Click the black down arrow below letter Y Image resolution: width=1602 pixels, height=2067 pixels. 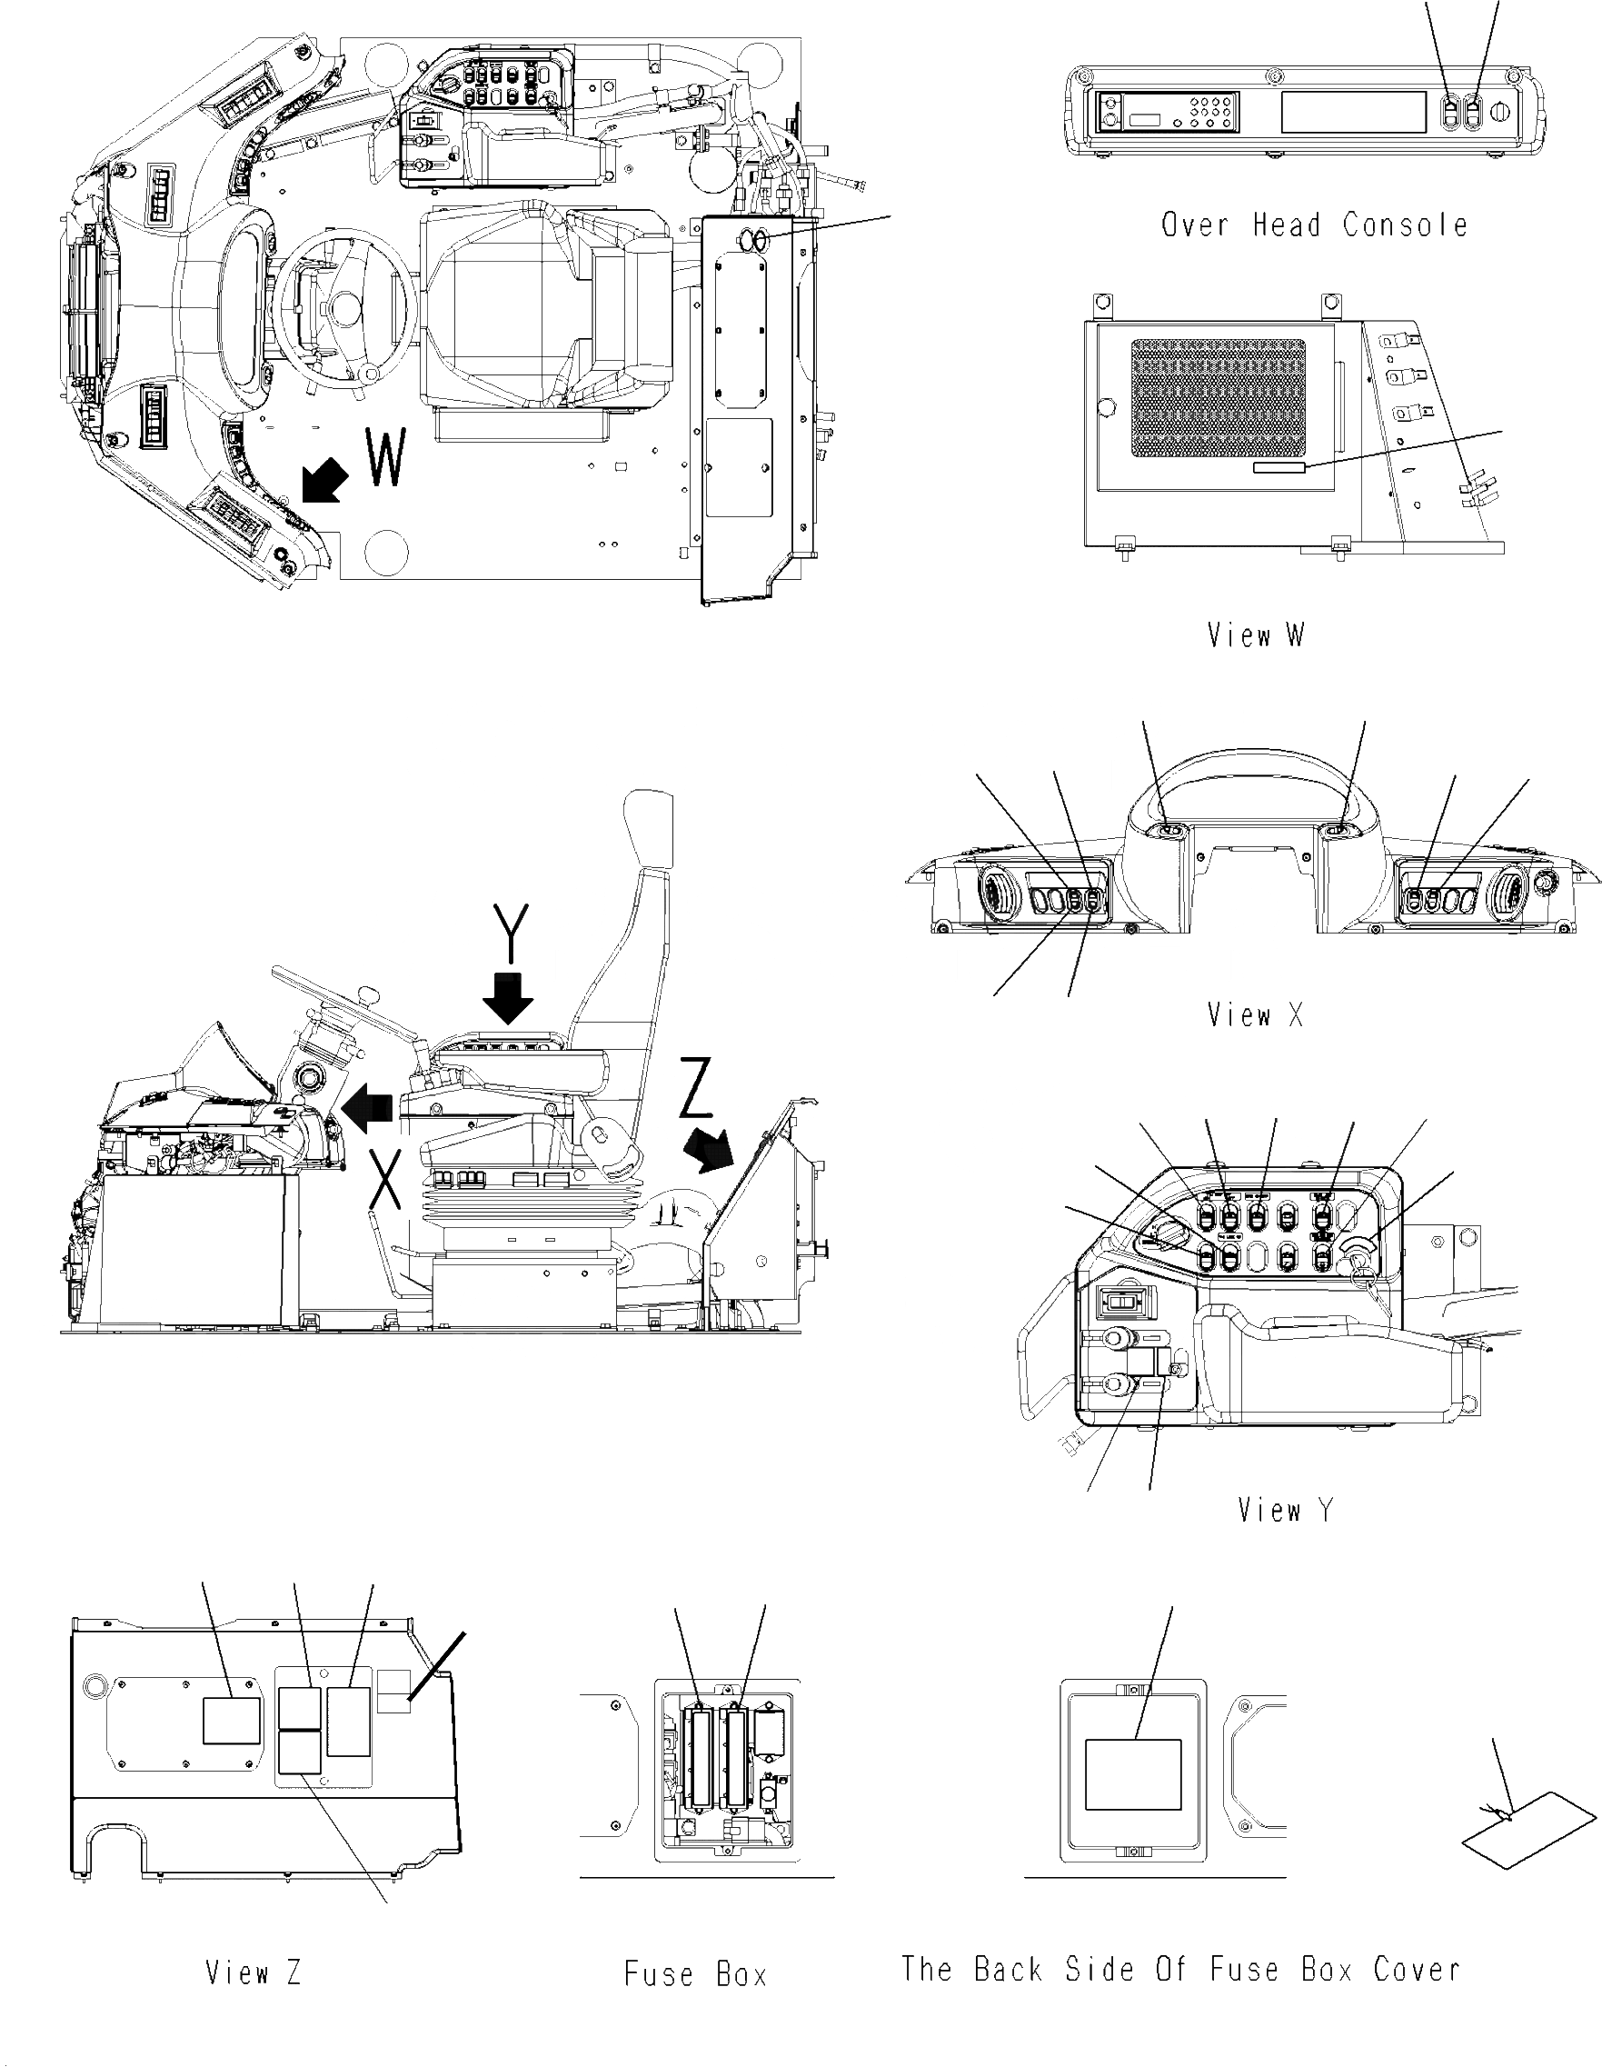coord(508,998)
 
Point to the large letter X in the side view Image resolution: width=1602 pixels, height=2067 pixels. coord(385,1178)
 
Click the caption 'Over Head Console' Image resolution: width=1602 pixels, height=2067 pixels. coord(1313,225)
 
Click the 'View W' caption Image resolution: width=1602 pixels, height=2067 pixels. coord(1255,635)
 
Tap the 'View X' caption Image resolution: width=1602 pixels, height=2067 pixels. coord(1255,1015)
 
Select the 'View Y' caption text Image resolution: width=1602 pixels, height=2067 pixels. coord(1285,1510)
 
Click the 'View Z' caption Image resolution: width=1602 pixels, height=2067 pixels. coord(254,1972)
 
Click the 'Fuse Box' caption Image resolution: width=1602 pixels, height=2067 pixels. coord(694,1974)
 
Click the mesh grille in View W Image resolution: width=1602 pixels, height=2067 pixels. coord(1218,398)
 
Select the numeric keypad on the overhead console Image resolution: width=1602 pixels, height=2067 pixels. coord(1212,112)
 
